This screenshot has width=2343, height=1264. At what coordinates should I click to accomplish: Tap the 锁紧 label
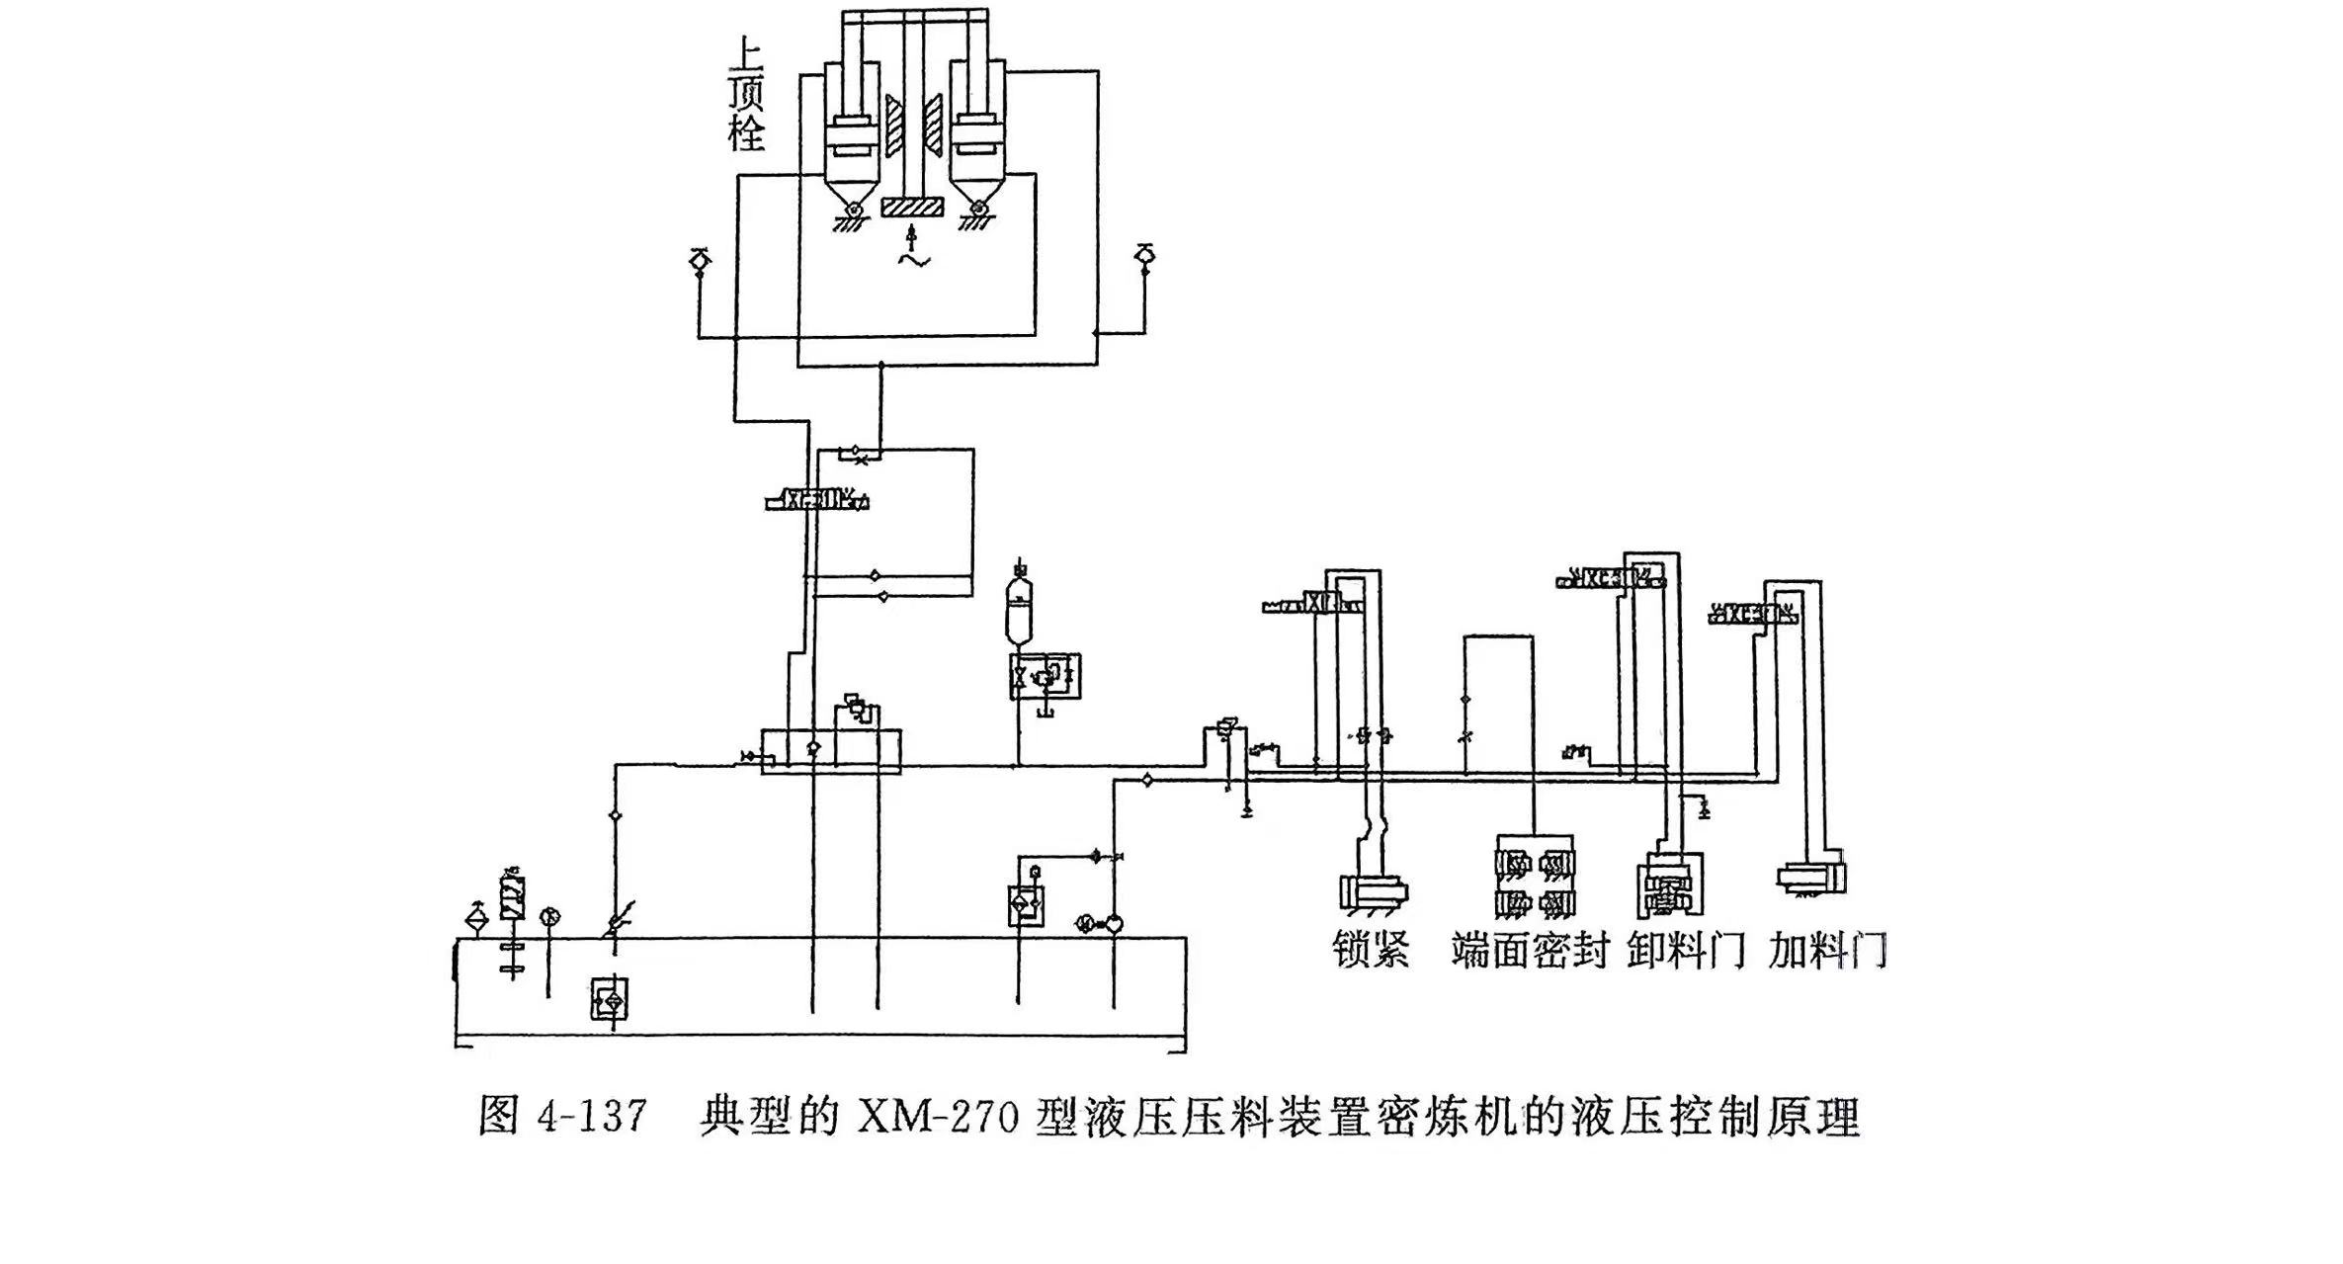click(1372, 950)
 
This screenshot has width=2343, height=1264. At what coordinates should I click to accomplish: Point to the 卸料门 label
click(1686, 950)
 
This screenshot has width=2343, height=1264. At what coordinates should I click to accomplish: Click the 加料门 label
click(1828, 950)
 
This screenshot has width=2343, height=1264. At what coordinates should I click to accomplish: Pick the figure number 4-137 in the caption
click(593, 1118)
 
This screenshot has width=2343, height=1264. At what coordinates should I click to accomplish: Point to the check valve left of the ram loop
click(699, 259)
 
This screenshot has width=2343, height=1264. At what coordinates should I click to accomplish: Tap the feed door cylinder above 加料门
click(1810, 879)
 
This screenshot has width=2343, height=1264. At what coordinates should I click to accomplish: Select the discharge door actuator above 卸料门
click(1669, 885)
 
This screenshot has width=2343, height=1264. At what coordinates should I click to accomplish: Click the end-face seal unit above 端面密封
click(1535, 883)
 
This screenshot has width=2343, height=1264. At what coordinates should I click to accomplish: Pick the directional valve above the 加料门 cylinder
click(1752, 616)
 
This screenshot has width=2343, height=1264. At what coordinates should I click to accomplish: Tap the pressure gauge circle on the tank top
click(549, 917)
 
